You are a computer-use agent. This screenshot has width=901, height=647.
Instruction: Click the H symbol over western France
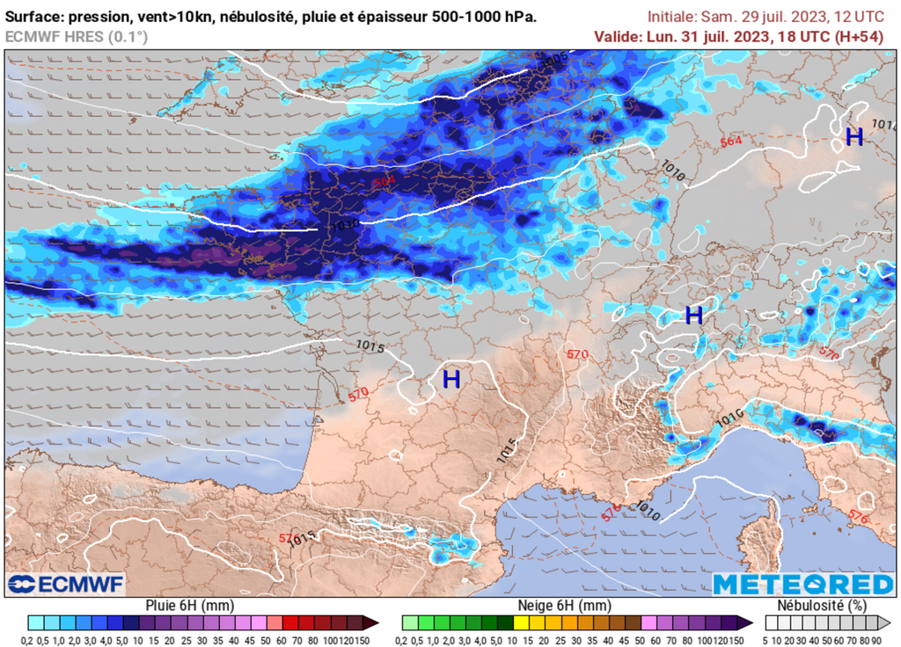click(x=451, y=380)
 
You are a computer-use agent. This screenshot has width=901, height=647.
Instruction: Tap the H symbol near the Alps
click(x=694, y=315)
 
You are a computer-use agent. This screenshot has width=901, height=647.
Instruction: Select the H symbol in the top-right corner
click(x=853, y=137)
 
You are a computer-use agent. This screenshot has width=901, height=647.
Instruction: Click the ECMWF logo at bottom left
click(x=66, y=585)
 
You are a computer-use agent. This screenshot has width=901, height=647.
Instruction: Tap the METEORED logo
click(x=802, y=585)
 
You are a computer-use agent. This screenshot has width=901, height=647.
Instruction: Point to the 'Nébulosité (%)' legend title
click(x=820, y=606)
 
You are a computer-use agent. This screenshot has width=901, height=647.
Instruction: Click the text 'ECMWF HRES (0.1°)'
click(x=77, y=36)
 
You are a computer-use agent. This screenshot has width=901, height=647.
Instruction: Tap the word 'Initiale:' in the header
click(x=673, y=17)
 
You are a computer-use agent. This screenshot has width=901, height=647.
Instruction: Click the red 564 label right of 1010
click(x=730, y=142)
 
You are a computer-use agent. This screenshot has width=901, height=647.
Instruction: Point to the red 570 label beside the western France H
click(x=358, y=394)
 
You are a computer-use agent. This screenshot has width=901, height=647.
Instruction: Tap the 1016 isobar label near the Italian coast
click(x=729, y=413)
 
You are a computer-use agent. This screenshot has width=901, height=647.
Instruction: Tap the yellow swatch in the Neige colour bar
click(x=521, y=622)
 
